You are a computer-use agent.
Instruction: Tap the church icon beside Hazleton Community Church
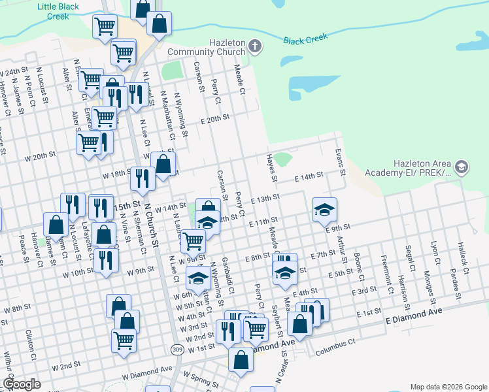pos(256,46)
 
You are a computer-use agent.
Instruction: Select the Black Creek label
pos(305,39)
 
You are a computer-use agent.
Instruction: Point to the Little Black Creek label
pos(58,11)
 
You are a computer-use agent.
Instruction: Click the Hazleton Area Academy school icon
pos(462,167)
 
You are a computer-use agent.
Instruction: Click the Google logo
pos(22,384)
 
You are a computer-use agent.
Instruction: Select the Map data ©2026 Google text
pos(448,386)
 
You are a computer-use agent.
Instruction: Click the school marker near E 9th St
pos(324,209)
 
